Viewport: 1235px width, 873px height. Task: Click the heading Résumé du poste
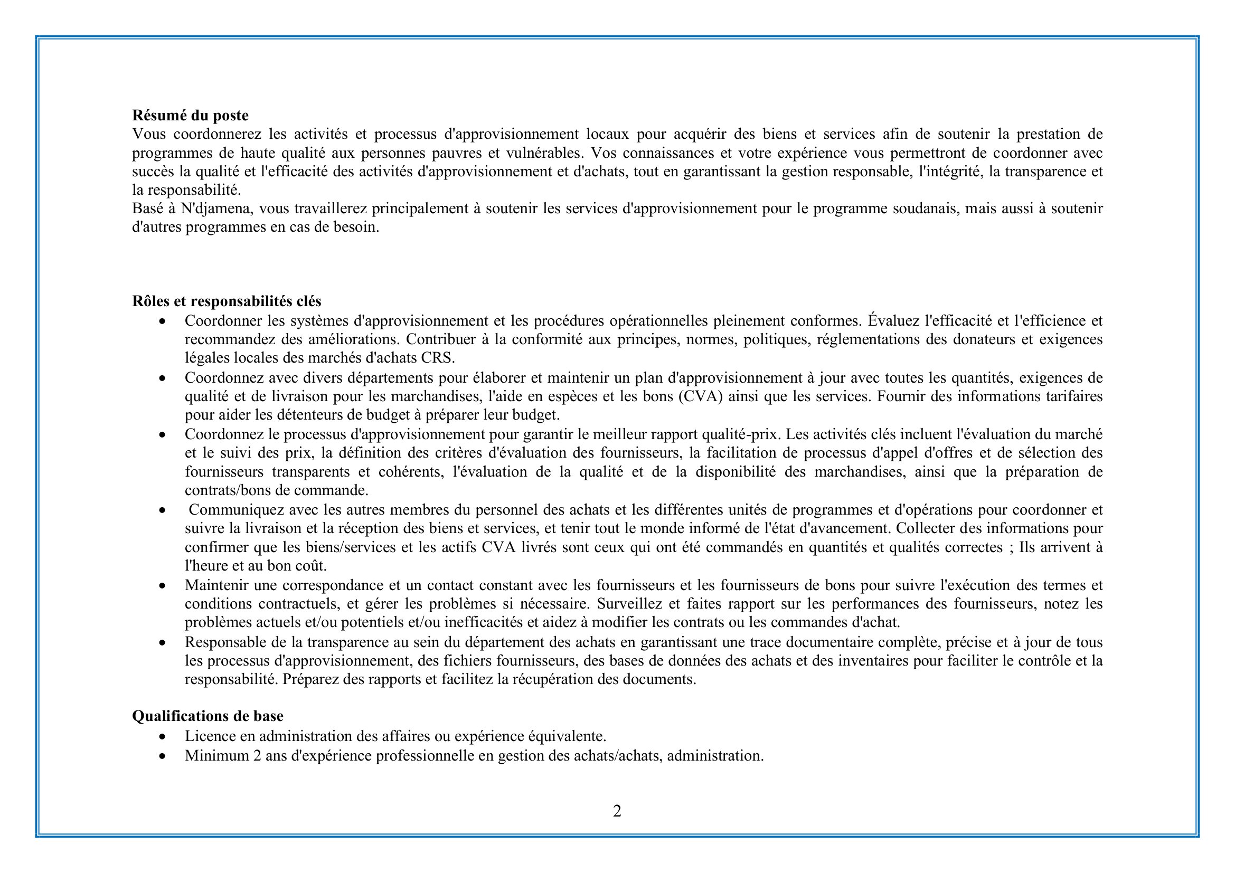click(x=191, y=116)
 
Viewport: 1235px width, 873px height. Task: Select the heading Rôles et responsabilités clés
click(x=227, y=301)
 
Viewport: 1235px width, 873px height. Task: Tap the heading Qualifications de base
click(x=208, y=716)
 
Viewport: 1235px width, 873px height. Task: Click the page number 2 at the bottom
click(x=617, y=811)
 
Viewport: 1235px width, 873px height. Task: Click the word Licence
click(x=210, y=736)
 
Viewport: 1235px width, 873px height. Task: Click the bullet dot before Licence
click(x=163, y=736)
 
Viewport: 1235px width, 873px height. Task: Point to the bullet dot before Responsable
click(x=163, y=642)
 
